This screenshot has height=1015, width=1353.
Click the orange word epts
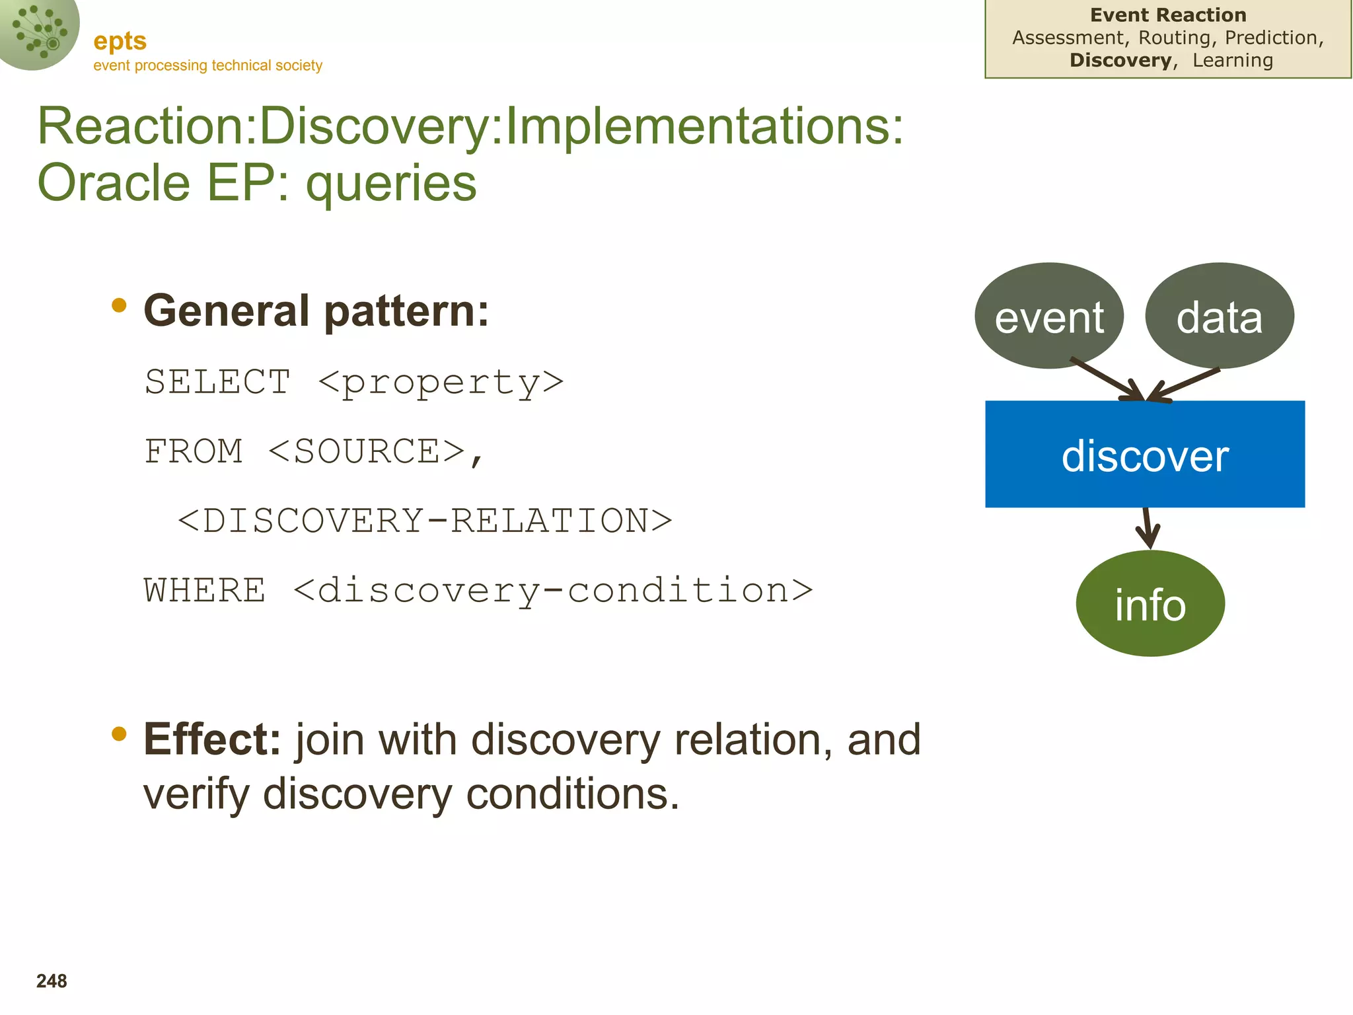120,41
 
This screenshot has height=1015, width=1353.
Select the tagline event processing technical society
207,65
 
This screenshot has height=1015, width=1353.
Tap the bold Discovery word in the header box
1120,60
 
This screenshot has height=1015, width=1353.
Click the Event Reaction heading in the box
1167,15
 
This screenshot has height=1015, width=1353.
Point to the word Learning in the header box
1232,60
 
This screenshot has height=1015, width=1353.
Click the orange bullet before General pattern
119,305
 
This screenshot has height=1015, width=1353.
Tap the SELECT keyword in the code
217,382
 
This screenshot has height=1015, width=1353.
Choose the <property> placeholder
441,382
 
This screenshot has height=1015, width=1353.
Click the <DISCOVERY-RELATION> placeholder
425,521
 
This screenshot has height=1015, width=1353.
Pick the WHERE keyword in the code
205,590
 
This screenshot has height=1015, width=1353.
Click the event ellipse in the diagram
1048,316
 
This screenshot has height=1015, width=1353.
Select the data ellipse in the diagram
1219,316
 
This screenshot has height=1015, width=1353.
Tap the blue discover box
1144,454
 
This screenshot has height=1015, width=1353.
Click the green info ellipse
1150,603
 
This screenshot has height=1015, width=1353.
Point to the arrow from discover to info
1148,528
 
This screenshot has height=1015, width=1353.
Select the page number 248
52,981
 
